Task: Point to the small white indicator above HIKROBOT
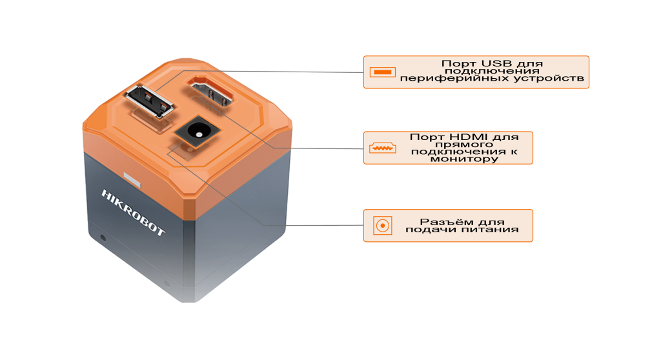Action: coord(132,178)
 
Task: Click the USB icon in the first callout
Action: coord(382,72)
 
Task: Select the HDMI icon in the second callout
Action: coord(382,148)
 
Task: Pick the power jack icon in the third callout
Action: coord(382,225)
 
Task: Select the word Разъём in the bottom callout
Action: coord(443,221)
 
